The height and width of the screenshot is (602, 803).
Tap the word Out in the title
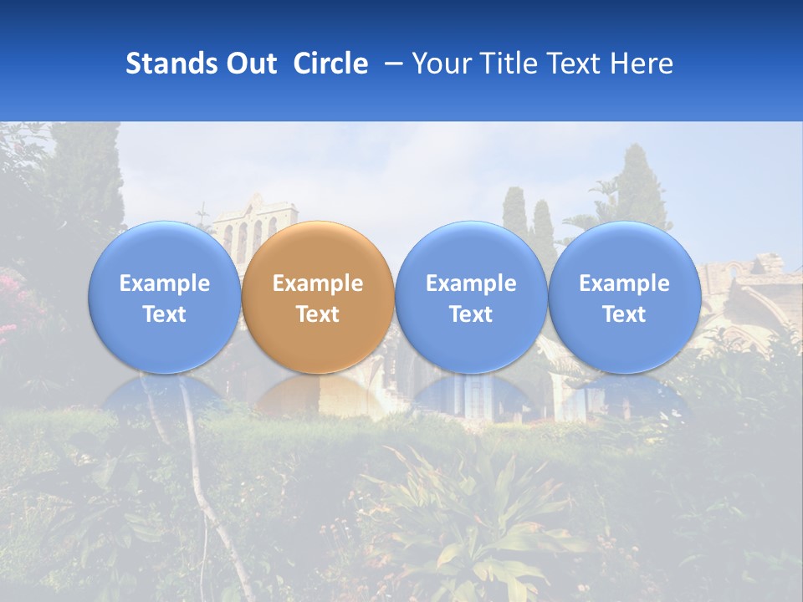(x=251, y=64)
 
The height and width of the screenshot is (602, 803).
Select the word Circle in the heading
(x=330, y=64)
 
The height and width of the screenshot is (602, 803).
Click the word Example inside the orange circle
(x=318, y=283)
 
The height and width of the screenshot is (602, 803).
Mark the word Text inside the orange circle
(x=318, y=314)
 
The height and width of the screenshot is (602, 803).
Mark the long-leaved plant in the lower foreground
(x=485, y=510)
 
